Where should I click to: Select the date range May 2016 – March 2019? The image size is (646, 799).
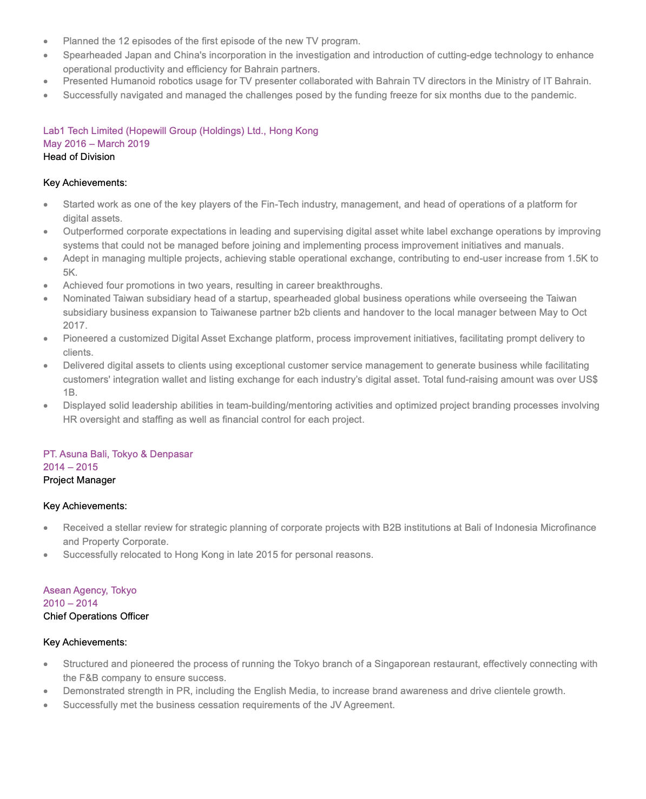pos(96,144)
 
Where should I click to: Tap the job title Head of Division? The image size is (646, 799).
pos(79,157)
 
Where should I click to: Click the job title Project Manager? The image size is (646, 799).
pos(79,480)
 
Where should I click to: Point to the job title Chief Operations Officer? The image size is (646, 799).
pos(96,616)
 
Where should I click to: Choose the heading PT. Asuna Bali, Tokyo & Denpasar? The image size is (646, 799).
pos(118,454)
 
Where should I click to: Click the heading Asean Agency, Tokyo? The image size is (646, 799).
pos(90,590)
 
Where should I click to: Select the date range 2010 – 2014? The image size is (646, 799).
pos(70,603)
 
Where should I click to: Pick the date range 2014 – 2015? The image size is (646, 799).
pos(70,467)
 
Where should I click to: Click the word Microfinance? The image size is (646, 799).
pos(568,528)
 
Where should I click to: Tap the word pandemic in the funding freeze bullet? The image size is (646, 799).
pos(557,95)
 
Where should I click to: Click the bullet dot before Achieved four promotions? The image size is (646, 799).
pos(46,285)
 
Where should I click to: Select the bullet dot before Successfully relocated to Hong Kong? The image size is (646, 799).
pos(46,555)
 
